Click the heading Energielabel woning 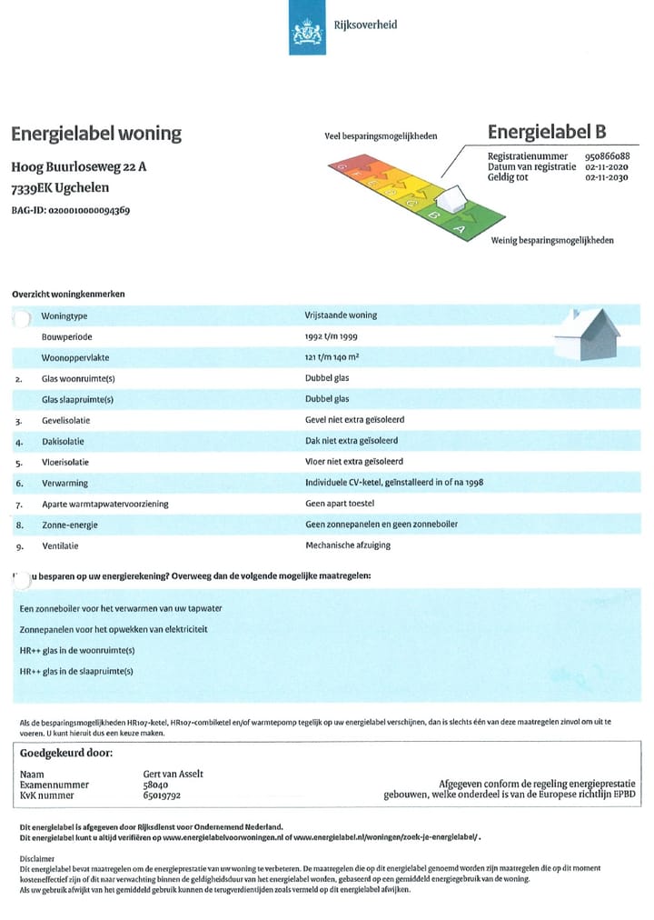96,134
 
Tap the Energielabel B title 547,133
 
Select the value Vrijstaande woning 341,315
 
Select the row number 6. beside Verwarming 19,484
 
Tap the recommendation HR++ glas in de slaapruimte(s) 76,671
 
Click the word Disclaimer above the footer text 37,857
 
